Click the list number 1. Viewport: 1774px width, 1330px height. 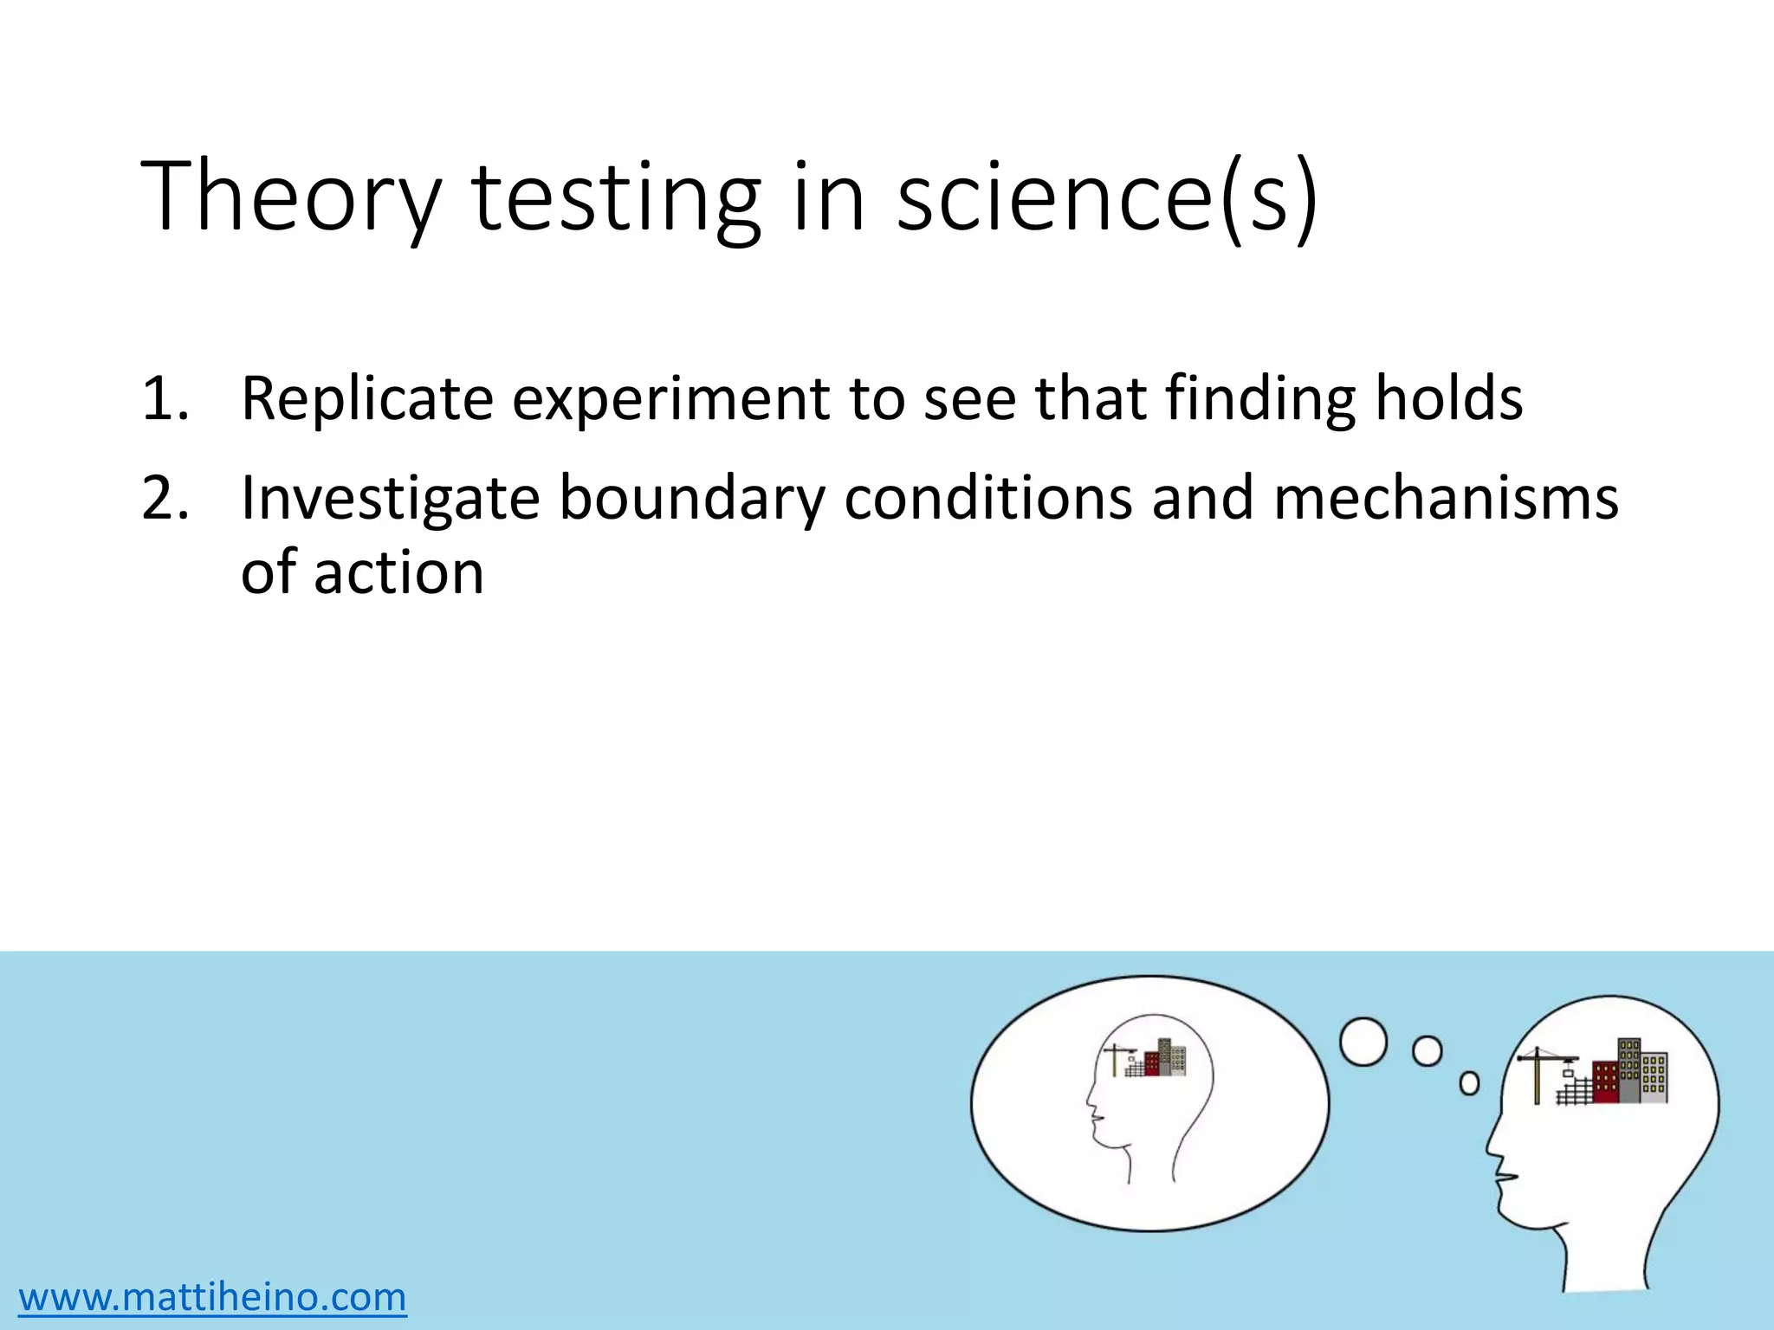point(165,398)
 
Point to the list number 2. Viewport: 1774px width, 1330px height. point(165,498)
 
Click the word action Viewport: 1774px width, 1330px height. point(399,573)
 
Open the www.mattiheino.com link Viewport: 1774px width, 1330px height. point(212,1296)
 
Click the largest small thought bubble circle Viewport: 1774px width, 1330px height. point(1363,1042)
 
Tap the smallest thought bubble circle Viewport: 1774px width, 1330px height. point(1469,1083)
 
